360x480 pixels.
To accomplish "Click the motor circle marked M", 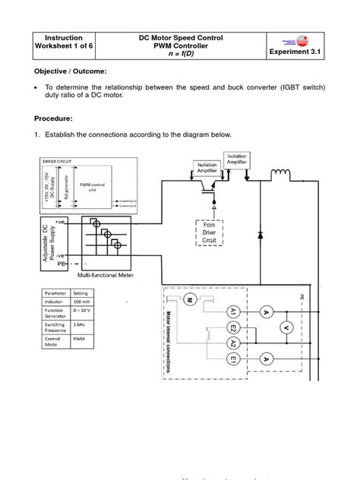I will [x=191, y=300].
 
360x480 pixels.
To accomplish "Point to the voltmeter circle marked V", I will [x=308, y=327].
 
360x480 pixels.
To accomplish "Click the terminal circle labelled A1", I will [x=233, y=311].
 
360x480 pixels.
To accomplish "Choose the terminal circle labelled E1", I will [x=232, y=358].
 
